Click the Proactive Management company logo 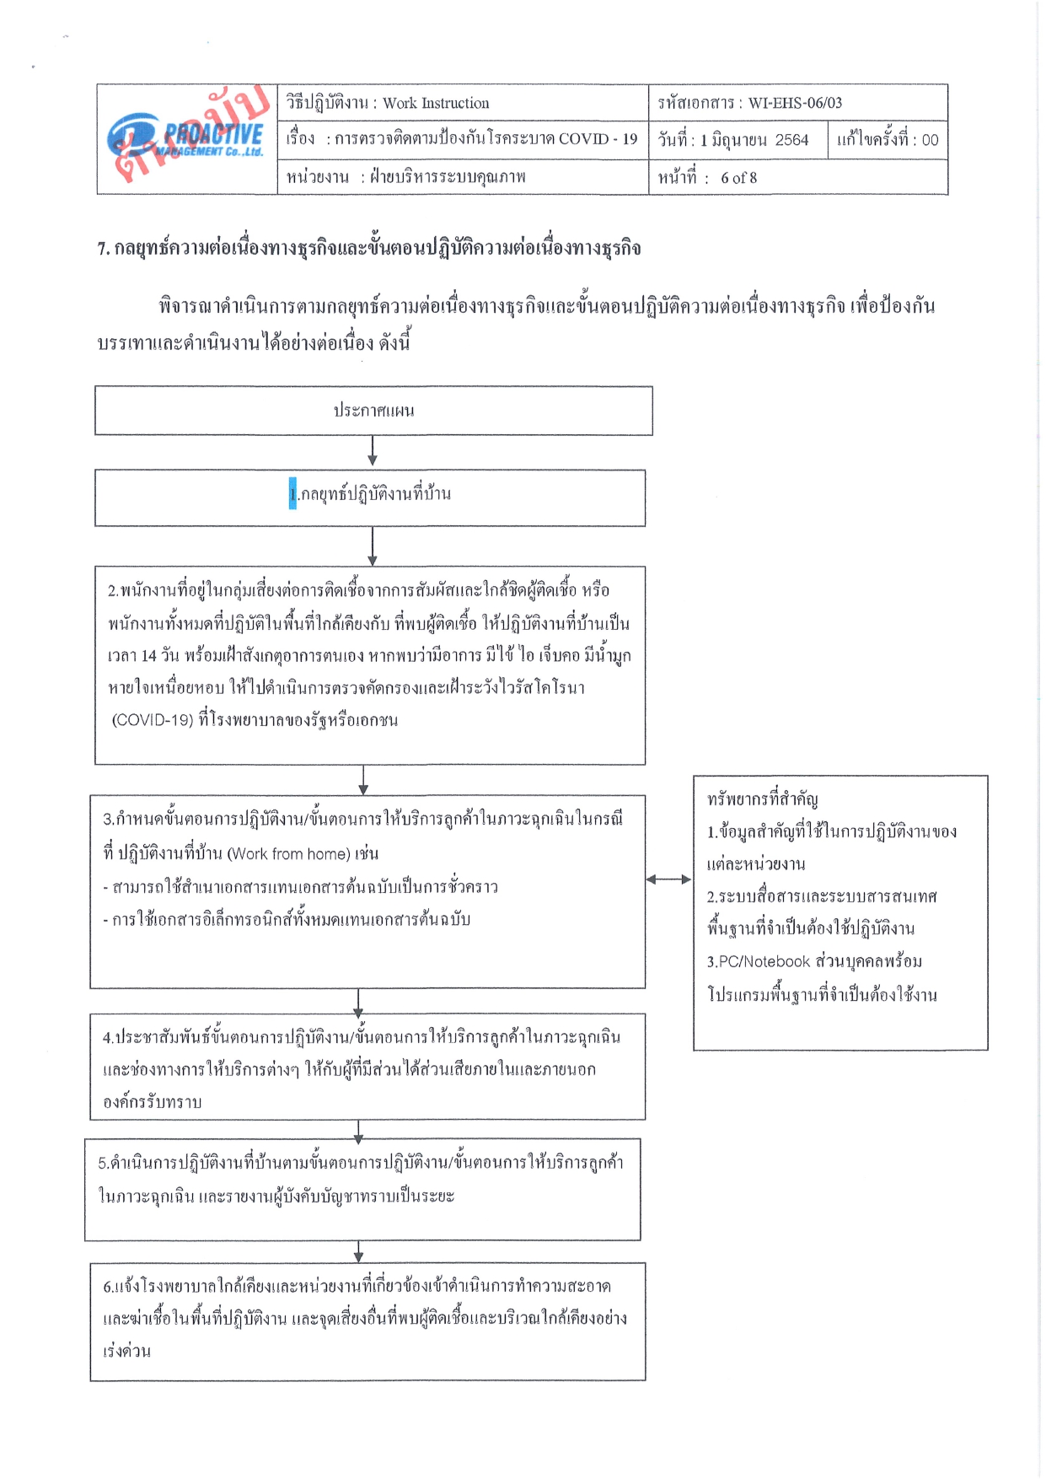click(186, 139)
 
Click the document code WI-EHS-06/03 click(795, 103)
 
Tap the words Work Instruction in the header click(436, 103)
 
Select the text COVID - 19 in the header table click(598, 139)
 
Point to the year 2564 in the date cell click(791, 140)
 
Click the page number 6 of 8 click(738, 178)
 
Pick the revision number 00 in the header click(930, 140)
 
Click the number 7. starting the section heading click(104, 249)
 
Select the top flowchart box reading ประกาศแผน click(373, 411)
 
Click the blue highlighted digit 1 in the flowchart click(292, 493)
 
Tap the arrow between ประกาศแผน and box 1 click(373, 450)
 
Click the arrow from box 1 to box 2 click(373, 546)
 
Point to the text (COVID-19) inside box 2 click(153, 720)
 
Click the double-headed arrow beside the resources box click(669, 879)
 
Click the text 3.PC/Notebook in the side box click(759, 961)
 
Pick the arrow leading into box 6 click(359, 1251)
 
